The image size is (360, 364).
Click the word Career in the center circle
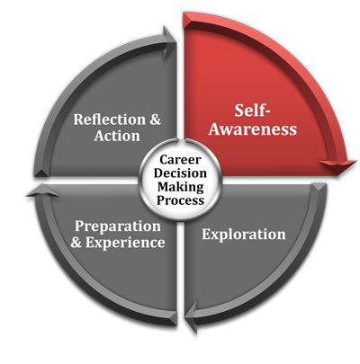[x=180, y=160]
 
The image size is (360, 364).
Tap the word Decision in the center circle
[x=180, y=173]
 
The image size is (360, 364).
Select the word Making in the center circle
[x=181, y=187]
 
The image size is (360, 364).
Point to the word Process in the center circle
[x=180, y=200]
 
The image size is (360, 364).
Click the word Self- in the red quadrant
[x=252, y=111]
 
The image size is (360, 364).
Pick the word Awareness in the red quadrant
[x=253, y=129]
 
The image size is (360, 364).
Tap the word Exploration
[x=244, y=235]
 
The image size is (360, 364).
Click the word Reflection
[x=110, y=120]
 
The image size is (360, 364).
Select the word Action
[x=117, y=136]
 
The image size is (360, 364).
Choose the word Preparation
[x=118, y=226]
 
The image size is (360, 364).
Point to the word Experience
[x=125, y=243]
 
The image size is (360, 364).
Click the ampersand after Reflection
[x=155, y=120]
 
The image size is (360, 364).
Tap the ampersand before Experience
[x=76, y=242]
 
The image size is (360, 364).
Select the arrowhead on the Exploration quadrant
[x=191, y=316]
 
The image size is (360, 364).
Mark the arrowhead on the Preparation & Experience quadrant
[x=42, y=191]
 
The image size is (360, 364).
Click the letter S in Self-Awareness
[x=238, y=111]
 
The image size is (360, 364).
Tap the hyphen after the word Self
[x=266, y=112]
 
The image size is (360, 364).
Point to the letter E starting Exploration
[x=206, y=234]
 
